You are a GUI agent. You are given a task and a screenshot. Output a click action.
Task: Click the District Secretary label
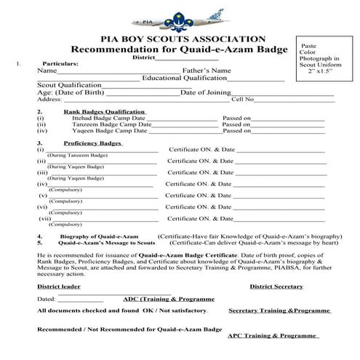[276, 287]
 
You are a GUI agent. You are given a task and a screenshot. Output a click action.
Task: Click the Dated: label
[46, 299]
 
